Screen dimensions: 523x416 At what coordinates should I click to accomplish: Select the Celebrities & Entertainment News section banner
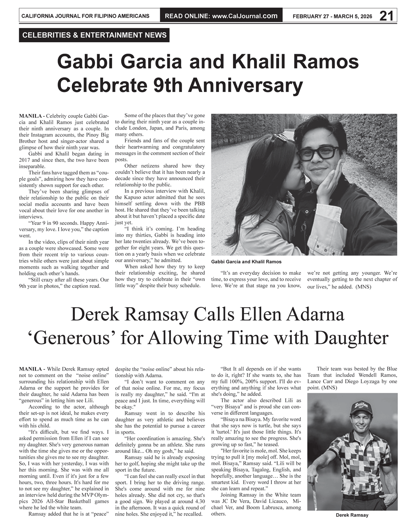click(x=94, y=35)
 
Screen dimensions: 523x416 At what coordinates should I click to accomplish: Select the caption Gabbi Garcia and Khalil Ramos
click(x=246, y=262)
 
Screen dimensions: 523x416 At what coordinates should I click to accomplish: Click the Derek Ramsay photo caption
click(x=352, y=515)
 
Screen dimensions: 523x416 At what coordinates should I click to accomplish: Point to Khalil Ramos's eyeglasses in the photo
click(x=318, y=152)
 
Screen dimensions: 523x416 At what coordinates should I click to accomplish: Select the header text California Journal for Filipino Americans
click(x=85, y=16)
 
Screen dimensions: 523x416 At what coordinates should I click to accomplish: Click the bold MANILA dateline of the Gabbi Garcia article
click(x=31, y=116)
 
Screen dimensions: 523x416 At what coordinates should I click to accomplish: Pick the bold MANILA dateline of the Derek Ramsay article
click(x=31, y=369)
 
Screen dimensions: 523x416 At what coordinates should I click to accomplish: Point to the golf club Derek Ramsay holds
click(x=315, y=494)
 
